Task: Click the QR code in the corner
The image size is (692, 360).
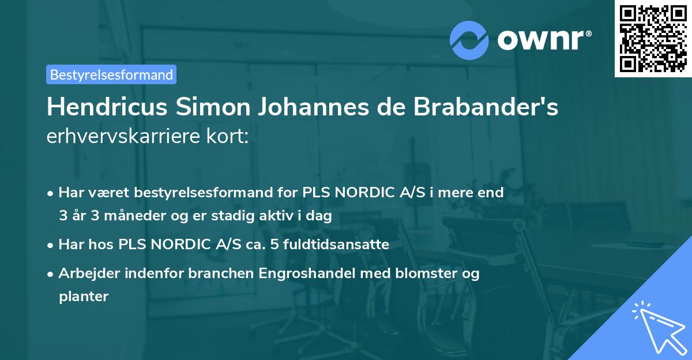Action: click(653, 38)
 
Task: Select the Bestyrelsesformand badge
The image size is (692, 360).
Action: click(111, 74)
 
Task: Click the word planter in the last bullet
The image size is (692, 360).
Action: click(84, 297)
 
